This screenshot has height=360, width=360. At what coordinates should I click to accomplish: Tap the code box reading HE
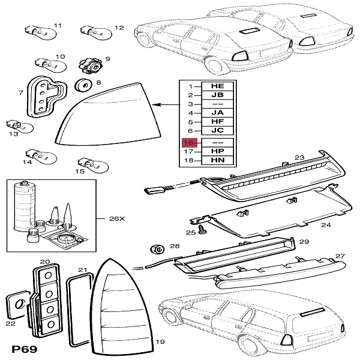point(218,86)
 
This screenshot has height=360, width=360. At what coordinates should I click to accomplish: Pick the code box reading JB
point(218,95)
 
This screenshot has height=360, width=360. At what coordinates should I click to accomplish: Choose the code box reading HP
point(218,152)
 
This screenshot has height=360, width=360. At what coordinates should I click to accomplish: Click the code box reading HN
point(218,161)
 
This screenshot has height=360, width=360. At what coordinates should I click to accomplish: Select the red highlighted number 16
point(190,143)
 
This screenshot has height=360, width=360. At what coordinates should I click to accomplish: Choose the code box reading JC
point(218,130)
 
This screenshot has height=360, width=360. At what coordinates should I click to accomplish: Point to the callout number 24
point(326,225)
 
